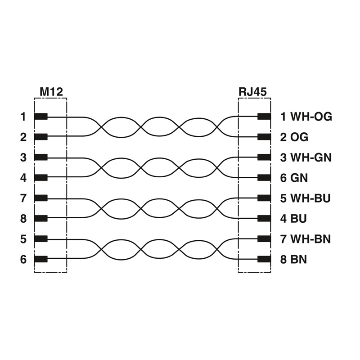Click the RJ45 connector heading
coord(252,91)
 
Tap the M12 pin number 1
coord(23,117)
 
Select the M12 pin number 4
coord(23,178)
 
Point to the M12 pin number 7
coord(23,198)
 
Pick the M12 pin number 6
coord(23,259)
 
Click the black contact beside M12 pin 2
coord(41,137)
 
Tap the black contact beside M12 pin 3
coord(41,157)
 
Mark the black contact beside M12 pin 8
coord(41,219)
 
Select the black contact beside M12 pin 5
coord(41,239)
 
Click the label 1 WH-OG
coord(306,117)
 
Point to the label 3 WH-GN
coord(306,157)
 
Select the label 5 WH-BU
coord(306,198)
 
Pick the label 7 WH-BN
coord(306,239)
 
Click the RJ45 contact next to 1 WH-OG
coord(264,117)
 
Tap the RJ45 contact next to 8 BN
coord(264,259)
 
